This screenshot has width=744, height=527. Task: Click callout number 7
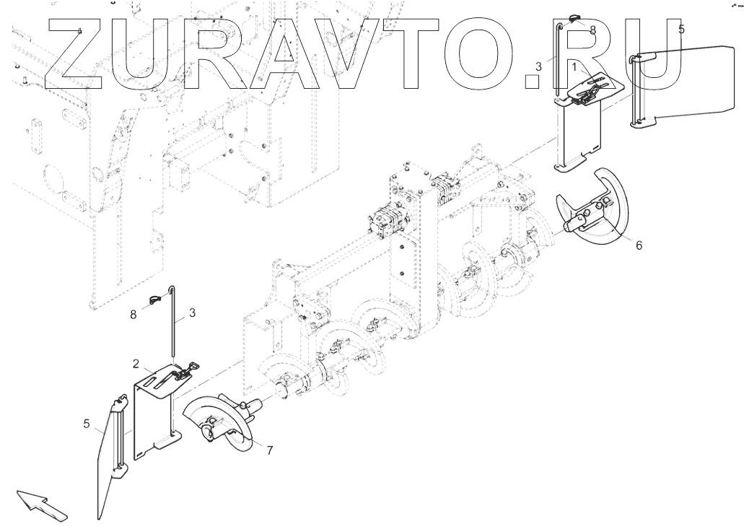pos(269,450)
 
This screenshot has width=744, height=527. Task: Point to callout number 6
pos(639,245)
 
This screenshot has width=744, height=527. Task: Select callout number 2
pos(136,362)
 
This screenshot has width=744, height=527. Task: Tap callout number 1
pos(574,66)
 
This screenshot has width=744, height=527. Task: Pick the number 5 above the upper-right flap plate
pos(681,30)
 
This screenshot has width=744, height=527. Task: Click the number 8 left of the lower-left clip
pos(133,315)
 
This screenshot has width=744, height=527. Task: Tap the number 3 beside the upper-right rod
pos(538,66)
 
